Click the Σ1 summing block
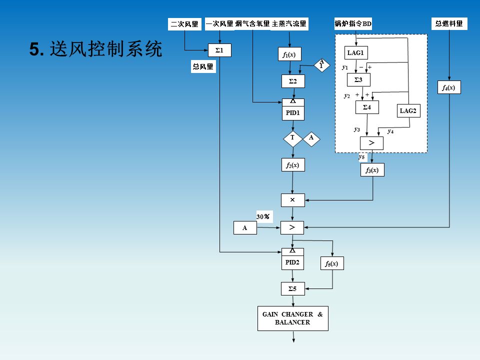pyautogui.click(x=219, y=50)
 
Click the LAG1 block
pyautogui.click(x=356, y=53)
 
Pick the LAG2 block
pyautogui.click(x=408, y=111)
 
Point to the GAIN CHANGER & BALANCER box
pyautogui.click(x=293, y=318)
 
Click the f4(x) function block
pyautogui.click(x=448, y=87)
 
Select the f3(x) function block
pyautogui.click(x=372, y=170)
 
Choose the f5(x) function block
pyautogui.click(x=332, y=263)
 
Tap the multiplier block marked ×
pyautogui.click(x=293, y=200)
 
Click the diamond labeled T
pyautogui.click(x=293, y=138)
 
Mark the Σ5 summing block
pyautogui.click(x=293, y=288)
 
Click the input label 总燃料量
pyautogui.click(x=449, y=23)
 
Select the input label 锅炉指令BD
pyautogui.click(x=353, y=24)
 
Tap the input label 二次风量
pyautogui.click(x=185, y=24)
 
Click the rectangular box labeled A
pyautogui.click(x=245, y=228)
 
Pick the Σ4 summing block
pyautogui.click(x=367, y=107)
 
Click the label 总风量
pyautogui.click(x=203, y=66)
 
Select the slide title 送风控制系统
pyautogui.click(x=96, y=49)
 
